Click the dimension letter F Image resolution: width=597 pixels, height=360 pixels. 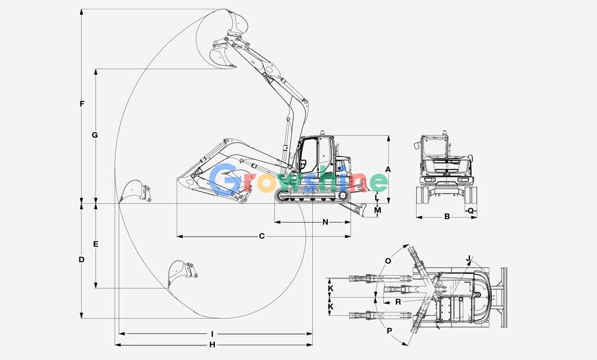(82, 103)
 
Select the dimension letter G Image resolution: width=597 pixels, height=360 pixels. (95, 135)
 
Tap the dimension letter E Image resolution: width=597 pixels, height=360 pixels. (96, 244)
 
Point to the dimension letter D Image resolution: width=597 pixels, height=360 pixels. (81, 260)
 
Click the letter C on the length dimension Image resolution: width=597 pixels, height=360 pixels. (261, 236)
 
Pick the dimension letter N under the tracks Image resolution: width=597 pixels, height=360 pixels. (325, 222)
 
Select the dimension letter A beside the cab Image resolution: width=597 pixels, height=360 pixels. (388, 170)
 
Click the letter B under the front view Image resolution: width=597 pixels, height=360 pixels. (447, 217)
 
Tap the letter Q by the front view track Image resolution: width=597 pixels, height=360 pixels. (470, 210)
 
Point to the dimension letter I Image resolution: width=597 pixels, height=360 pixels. (212, 334)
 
